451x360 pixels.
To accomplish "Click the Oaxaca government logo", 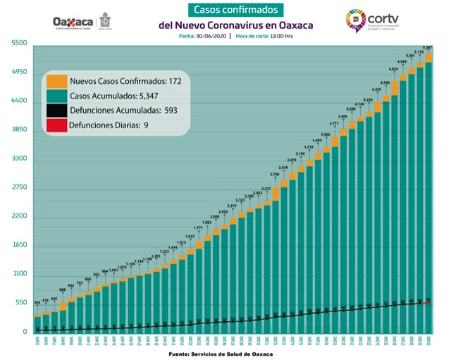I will coord(83,22).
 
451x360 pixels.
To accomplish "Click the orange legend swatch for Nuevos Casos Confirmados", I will coord(56,80).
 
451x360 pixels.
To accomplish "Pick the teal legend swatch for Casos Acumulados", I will coord(56,96).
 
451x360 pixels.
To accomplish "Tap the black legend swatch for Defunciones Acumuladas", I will coord(56,111).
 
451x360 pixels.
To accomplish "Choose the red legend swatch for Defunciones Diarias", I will coord(56,125).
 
